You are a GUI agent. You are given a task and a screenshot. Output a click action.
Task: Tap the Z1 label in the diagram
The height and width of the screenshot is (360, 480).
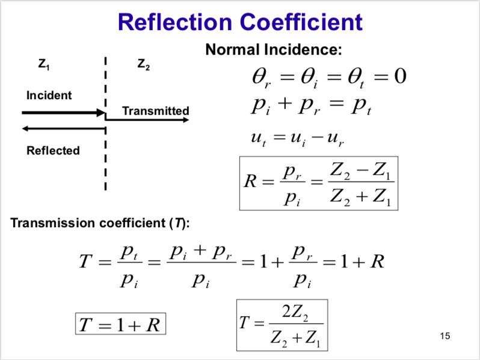[44, 65]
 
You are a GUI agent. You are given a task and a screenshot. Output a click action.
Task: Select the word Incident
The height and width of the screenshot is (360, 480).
[49, 95]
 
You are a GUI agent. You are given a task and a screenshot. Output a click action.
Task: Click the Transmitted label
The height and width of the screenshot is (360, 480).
[155, 111]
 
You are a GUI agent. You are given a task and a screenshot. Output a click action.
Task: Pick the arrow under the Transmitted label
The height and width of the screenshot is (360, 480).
[147, 120]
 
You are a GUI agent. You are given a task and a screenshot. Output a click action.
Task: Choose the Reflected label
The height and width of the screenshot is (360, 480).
[53, 150]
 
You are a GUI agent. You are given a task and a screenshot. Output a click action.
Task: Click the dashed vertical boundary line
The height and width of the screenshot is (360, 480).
[106, 156]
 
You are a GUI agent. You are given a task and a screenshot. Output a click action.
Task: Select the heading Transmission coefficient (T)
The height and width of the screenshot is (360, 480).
[100, 224]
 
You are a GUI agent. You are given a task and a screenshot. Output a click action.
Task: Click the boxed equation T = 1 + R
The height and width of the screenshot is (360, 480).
[120, 325]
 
